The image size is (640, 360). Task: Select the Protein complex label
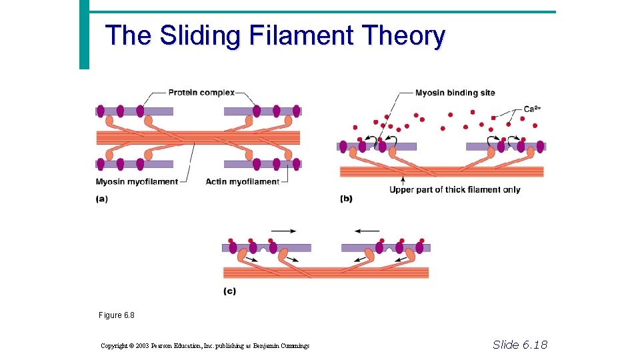pos(201,93)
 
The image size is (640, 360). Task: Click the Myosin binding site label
pos(455,93)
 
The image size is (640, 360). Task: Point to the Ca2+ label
pos(531,109)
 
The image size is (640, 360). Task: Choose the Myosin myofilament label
pos(137,181)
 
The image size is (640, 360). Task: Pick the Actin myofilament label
pos(243,181)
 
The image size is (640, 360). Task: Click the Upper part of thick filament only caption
pos(455,190)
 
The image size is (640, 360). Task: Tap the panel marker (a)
pos(101,198)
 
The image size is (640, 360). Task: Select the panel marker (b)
pos(346,198)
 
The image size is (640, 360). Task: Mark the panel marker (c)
pos(229,291)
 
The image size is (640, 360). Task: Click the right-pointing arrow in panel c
pos(283,231)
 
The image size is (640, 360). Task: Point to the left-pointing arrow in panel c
pos(367,231)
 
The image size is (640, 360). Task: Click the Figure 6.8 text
pos(111,315)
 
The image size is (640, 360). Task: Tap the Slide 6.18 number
pos(519,344)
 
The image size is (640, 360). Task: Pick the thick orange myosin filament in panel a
pos(198,138)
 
